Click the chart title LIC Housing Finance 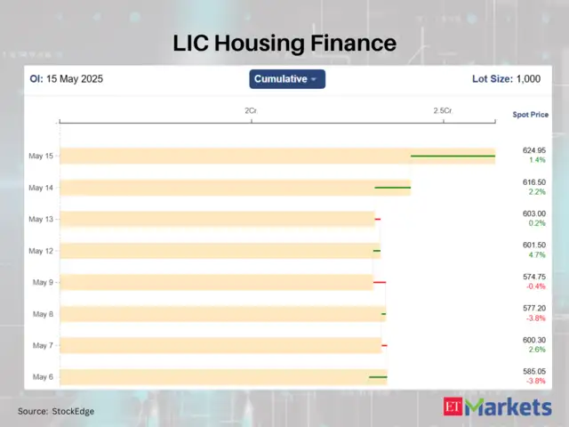[x=284, y=42]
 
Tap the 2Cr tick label [x=252, y=110]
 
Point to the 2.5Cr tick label [x=442, y=110]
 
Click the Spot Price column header [x=531, y=115]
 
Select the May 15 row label [x=41, y=157]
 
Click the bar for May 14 [x=235, y=188]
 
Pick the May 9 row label [x=43, y=283]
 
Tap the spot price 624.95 [x=534, y=150]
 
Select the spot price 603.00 [x=534, y=213]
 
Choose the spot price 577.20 [x=534, y=308]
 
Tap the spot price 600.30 [x=534, y=340]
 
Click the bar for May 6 [x=223, y=377]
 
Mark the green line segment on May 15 [x=453, y=156]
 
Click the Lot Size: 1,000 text [x=506, y=79]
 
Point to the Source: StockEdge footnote [x=56, y=411]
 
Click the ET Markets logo [x=497, y=407]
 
